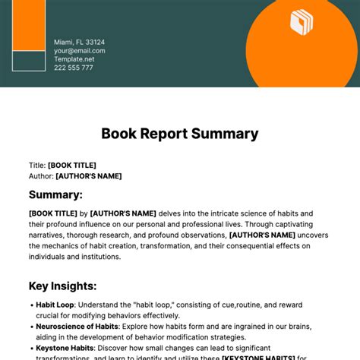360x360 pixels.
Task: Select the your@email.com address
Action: click(x=79, y=51)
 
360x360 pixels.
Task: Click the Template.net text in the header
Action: click(x=74, y=59)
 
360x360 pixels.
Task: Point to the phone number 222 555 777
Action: click(x=73, y=68)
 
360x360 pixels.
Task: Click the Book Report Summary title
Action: click(x=180, y=134)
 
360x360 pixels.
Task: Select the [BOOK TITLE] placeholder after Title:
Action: click(x=72, y=165)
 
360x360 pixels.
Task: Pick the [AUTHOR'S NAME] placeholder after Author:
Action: click(x=88, y=176)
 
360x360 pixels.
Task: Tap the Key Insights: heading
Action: click(x=62, y=286)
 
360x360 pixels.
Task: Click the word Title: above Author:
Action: click(x=37, y=165)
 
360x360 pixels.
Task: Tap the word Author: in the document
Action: click(x=41, y=176)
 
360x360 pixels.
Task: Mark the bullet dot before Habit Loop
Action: click(x=30, y=305)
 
